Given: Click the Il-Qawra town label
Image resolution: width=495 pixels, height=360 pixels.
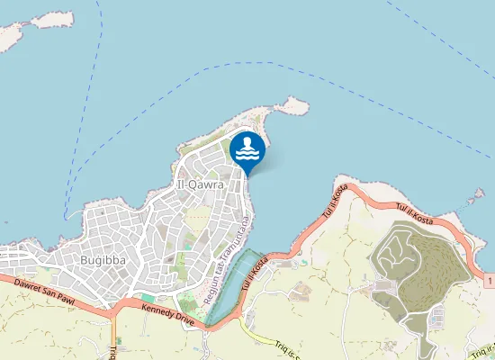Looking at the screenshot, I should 202,185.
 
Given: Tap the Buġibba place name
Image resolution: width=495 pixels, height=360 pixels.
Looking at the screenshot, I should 104,260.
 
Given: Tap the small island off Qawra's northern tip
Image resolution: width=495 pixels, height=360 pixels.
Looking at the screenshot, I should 292,106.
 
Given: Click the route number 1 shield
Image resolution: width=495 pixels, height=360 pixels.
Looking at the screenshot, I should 488,283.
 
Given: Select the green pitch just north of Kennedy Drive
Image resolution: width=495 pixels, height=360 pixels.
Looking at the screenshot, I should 147,298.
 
